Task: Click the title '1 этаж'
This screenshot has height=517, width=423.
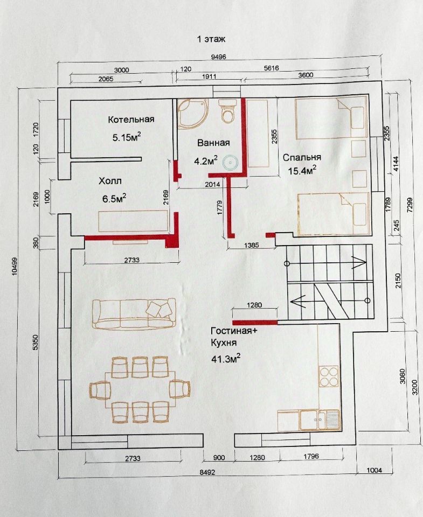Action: click(x=211, y=39)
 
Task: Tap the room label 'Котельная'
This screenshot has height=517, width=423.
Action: click(x=131, y=120)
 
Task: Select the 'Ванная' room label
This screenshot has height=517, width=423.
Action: click(x=213, y=143)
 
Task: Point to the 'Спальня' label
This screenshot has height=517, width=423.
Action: click(x=302, y=158)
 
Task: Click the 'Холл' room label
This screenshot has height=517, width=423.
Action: click(x=110, y=181)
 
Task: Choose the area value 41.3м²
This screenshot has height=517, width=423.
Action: click(x=225, y=358)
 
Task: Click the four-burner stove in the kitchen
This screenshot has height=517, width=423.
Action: click(x=329, y=376)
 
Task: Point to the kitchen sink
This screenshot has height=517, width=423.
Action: click(x=320, y=420)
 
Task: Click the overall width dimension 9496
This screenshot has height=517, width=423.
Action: click(x=218, y=57)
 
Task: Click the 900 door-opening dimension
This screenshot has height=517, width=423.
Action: click(x=219, y=458)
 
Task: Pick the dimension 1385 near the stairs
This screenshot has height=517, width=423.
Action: click(x=252, y=245)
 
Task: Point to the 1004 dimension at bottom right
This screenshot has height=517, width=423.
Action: click(x=374, y=470)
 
